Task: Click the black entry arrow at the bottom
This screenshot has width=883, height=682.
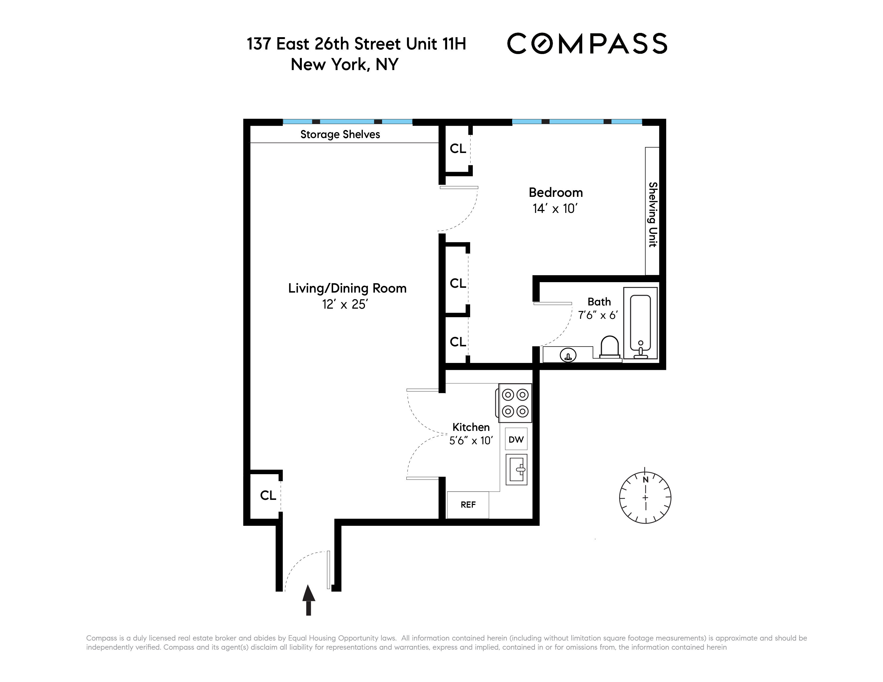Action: (x=309, y=600)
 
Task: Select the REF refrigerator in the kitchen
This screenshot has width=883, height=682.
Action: (x=468, y=505)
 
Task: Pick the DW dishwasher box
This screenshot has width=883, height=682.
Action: (x=516, y=439)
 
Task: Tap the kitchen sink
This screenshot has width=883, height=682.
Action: (x=516, y=469)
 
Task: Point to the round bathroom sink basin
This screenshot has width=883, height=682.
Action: (x=568, y=355)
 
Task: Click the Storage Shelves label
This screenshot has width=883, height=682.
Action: (x=340, y=135)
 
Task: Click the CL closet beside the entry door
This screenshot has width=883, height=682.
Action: (x=268, y=495)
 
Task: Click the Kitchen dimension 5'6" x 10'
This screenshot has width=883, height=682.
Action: (x=471, y=440)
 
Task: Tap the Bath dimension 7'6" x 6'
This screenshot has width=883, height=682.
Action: (x=598, y=315)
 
